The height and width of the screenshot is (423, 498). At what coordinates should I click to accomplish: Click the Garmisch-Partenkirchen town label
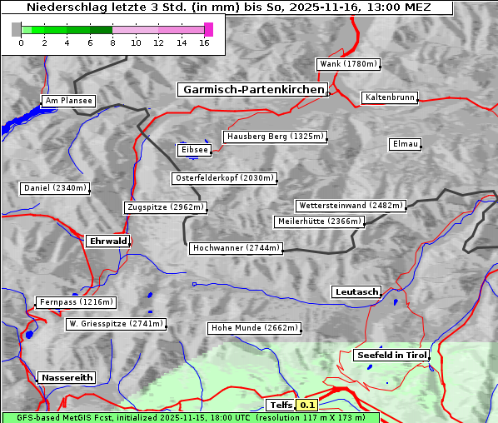(251, 89)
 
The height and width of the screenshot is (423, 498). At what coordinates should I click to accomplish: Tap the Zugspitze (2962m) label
(165, 207)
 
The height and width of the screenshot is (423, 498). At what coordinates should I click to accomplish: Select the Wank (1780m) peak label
(348, 64)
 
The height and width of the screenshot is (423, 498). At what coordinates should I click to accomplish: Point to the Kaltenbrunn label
(389, 97)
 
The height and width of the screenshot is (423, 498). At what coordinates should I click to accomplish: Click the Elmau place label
(405, 144)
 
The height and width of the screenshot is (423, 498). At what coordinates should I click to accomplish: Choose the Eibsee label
(193, 150)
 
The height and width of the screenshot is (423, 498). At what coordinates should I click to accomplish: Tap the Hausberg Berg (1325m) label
(274, 137)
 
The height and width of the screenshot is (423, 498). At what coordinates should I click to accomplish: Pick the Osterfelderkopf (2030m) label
(224, 178)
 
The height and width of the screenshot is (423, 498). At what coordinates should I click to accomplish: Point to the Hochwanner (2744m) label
(236, 248)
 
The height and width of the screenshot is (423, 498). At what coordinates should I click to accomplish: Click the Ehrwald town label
(107, 241)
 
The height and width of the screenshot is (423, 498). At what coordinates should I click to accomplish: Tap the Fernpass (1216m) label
(76, 302)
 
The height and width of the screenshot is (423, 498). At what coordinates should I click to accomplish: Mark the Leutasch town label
(356, 291)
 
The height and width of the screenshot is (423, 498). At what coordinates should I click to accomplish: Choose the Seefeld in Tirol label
(391, 355)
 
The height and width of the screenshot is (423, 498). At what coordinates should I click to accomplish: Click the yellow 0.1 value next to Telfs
(307, 406)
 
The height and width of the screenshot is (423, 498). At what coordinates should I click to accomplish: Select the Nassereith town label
(67, 377)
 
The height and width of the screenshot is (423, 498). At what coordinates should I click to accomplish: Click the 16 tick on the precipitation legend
(203, 42)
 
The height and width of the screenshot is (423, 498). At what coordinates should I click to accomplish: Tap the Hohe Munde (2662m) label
(254, 328)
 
